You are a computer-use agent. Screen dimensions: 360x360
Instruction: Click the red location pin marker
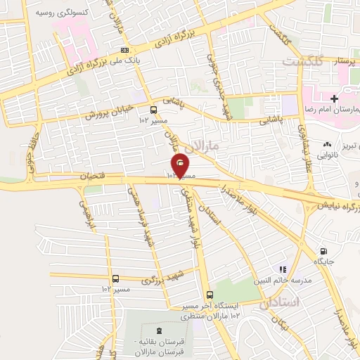181,164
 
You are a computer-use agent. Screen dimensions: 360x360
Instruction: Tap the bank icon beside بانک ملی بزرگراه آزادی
125,50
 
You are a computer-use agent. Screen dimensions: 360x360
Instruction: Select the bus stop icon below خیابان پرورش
153,109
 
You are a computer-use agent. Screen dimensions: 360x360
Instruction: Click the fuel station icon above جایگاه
323,251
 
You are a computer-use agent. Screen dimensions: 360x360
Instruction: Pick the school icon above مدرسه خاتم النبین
283,269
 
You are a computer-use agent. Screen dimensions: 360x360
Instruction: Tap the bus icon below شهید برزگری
115,278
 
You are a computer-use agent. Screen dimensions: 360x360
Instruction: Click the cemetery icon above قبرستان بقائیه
155,330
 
